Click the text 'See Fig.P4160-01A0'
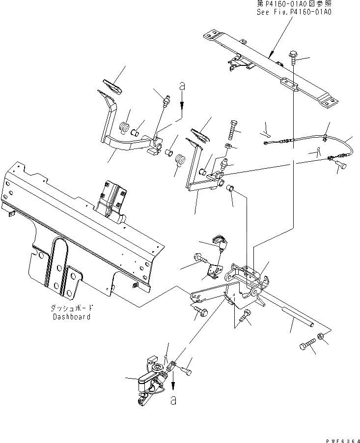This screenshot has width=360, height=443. point(294,12)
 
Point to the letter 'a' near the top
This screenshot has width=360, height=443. point(182,87)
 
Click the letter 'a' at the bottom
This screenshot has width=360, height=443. point(172,401)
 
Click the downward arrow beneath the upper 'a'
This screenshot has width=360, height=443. point(182,104)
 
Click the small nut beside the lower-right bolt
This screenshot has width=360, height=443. point(320,337)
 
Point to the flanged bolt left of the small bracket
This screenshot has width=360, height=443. point(202,258)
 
